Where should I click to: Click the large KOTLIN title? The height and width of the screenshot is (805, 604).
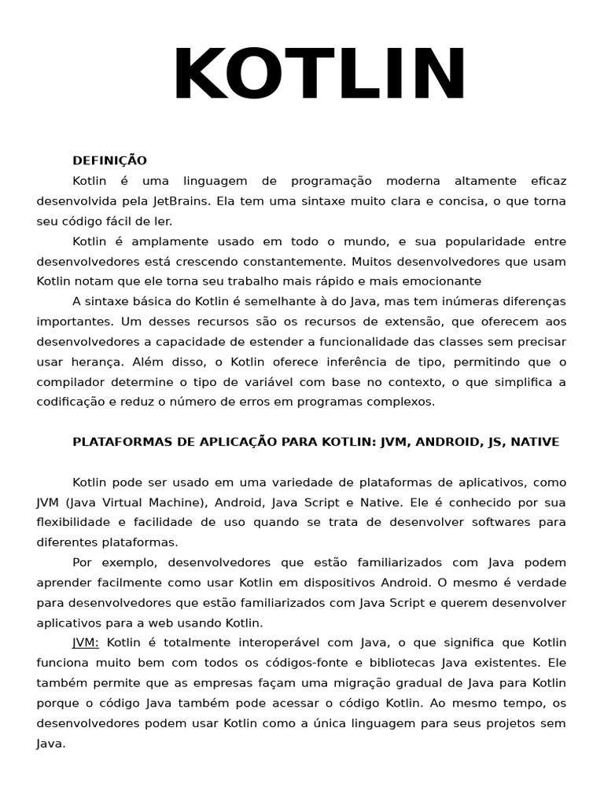pyautogui.click(x=319, y=75)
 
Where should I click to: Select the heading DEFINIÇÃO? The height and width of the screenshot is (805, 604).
pyautogui.click(x=109, y=160)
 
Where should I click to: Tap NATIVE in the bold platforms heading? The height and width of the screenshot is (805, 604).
pyautogui.click(x=535, y=442)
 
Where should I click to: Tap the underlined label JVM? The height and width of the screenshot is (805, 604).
pyautogui.click(x=86, y=642)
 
